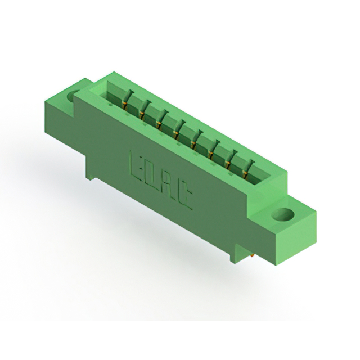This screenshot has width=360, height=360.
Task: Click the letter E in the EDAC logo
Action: (137, 163)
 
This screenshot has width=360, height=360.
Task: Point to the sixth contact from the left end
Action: (212, 148)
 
